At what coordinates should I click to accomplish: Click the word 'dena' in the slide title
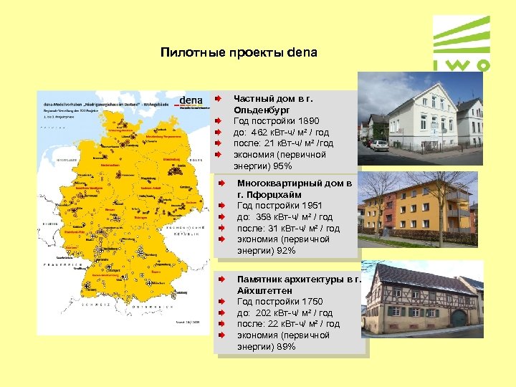301,53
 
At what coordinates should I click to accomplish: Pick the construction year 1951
309,206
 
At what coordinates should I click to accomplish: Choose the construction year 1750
309,302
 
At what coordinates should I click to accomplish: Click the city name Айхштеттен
264,291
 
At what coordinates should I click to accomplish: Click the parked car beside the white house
378,145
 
